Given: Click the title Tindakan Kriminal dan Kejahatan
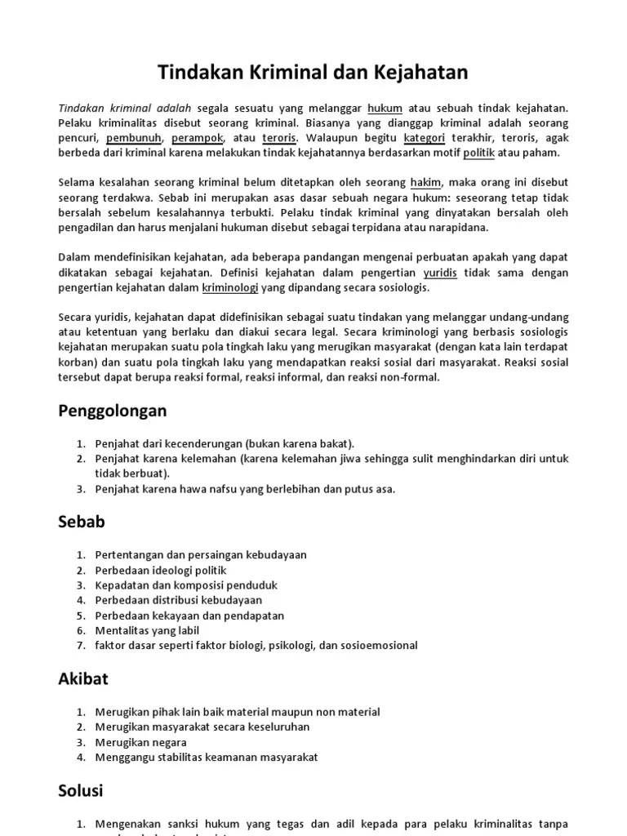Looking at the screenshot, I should pos(313,73).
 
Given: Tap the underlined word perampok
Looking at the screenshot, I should pos(198,138).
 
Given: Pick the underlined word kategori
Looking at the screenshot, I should pos(424,138).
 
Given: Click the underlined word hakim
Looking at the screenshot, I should pos(425,184).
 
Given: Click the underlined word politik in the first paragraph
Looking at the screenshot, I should pos(478,153).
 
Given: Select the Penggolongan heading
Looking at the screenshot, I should pos(112,410).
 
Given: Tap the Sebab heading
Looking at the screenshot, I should pos(82,520).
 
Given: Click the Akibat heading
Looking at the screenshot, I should pos(83,678).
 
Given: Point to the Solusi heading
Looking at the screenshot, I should pos(81,790).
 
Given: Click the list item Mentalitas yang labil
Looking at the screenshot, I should pos(147,630).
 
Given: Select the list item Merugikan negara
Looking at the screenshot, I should pos(140,742).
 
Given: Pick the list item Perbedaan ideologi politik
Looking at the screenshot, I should pos(161,570).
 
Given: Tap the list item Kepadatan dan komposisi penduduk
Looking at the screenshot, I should pos(186,585).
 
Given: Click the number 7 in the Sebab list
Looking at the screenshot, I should pos(81,646).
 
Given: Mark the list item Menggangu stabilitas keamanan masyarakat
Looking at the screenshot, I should pos(207,757).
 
